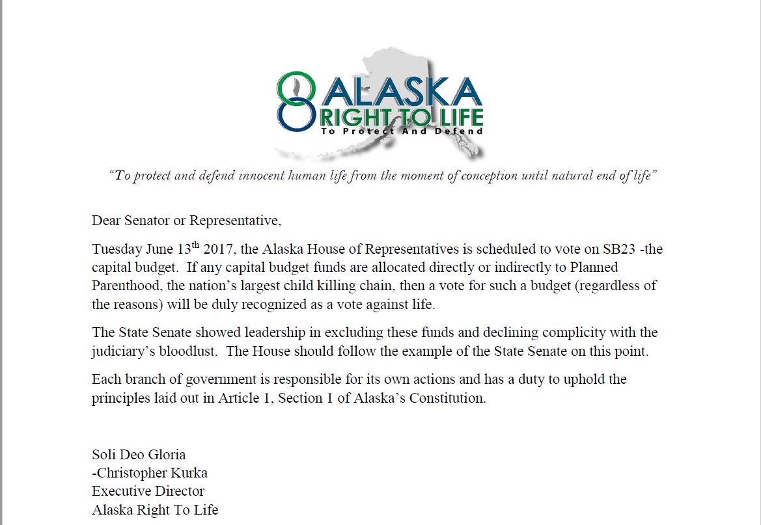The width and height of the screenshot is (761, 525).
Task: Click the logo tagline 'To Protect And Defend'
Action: (x=402, y=131)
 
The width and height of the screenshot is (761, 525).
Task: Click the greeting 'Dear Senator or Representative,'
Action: (x=187, y=221)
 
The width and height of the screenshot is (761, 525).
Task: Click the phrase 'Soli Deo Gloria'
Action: (x=139, y=454)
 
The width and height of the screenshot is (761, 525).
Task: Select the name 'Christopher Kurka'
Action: (x=152, y=472)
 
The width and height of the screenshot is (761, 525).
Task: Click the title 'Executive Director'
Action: (x=148, y=491)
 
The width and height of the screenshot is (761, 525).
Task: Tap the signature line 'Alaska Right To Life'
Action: (x=155, y=509)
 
